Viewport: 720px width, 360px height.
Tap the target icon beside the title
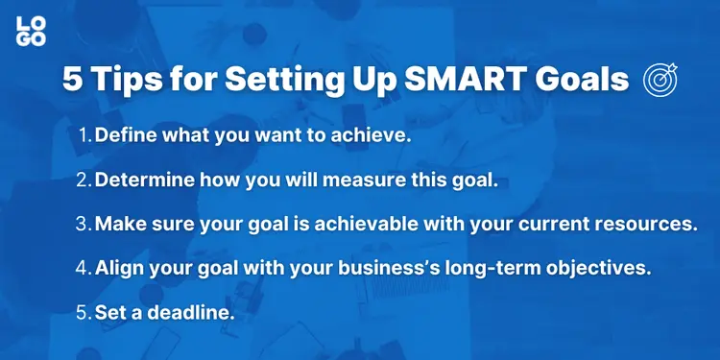coord(660,79)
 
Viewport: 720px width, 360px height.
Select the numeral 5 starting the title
coord(73,80)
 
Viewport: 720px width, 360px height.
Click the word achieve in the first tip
coord(374,135)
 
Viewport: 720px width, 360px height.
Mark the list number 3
coord(84,224)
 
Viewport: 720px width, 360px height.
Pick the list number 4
coord(84,268)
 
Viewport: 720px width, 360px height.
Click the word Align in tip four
coord(119,268)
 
